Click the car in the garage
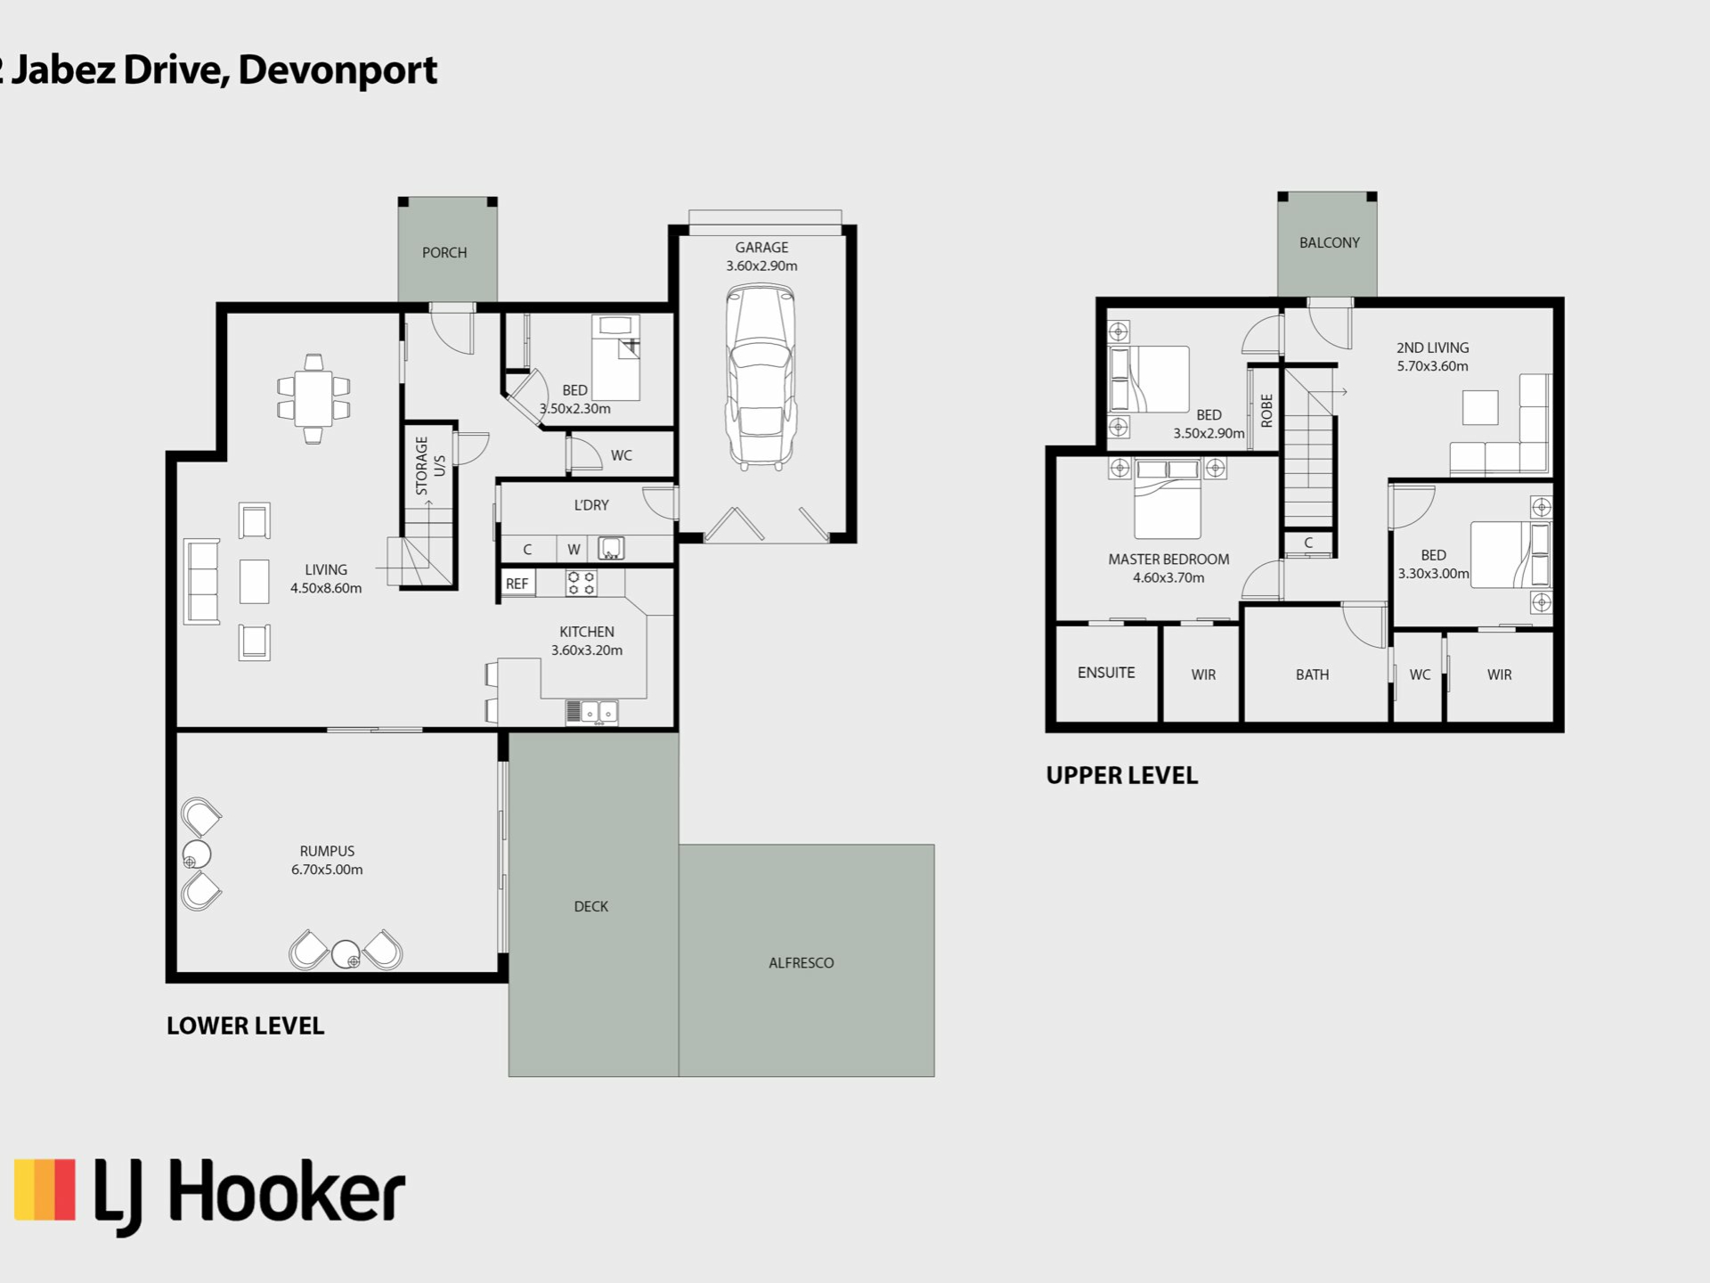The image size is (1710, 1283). pyautogui.click(x=761, y=376)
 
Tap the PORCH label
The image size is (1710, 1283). pyautogui.click(x=444, y=253)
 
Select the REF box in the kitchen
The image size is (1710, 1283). pyautogui.click(x=517, y=584)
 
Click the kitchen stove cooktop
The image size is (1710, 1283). pyautogui.click(x=581, y=583)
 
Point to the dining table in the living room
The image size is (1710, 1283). pyautogui.click(x=313, y=398)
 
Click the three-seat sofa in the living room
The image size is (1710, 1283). pyautogui.click(x=201, y=581)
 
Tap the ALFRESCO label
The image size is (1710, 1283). pyautogui.click(x=802, y=963)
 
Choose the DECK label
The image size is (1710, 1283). pyautogui.click(x=591, y=907)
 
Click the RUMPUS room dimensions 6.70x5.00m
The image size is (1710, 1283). pyautogui.click(x=327, y=870)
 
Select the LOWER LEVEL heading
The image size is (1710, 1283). pyautogui.click(x=246, y=1026)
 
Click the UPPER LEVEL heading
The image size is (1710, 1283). pyautogui.click(x=1122, y=775)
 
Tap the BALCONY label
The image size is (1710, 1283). pyautogui.click(x=1330, y=242)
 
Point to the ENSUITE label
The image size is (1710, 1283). pyautogui.click(x=1106, y=673)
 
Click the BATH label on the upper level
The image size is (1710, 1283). pyautogui.click(x=1312, y=674)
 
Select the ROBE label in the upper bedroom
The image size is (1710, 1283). pyautogui.click(x=1266, y=410)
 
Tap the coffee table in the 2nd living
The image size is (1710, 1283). pyautogui.click(x=1480, y=407)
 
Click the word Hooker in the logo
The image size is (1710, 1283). pyautogui.click(x=287, y=1191)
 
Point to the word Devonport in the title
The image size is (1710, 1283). pyautogui.click(x=338, y=69)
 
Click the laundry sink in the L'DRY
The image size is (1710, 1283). pyautogui.click(x=611, y=548)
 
